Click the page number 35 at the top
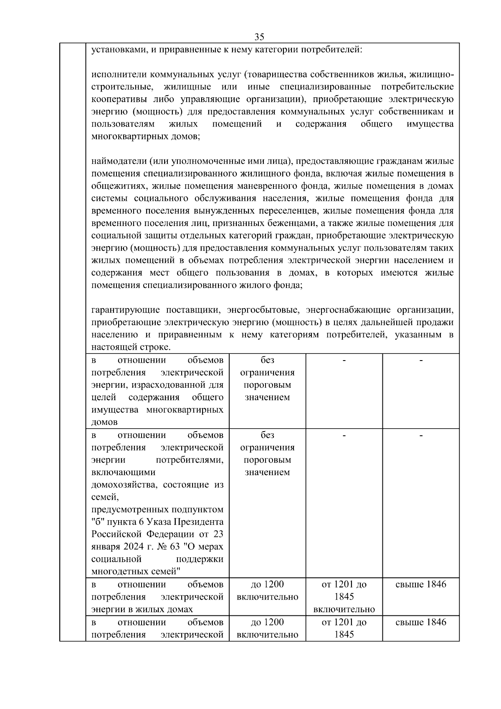coord(259,37)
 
